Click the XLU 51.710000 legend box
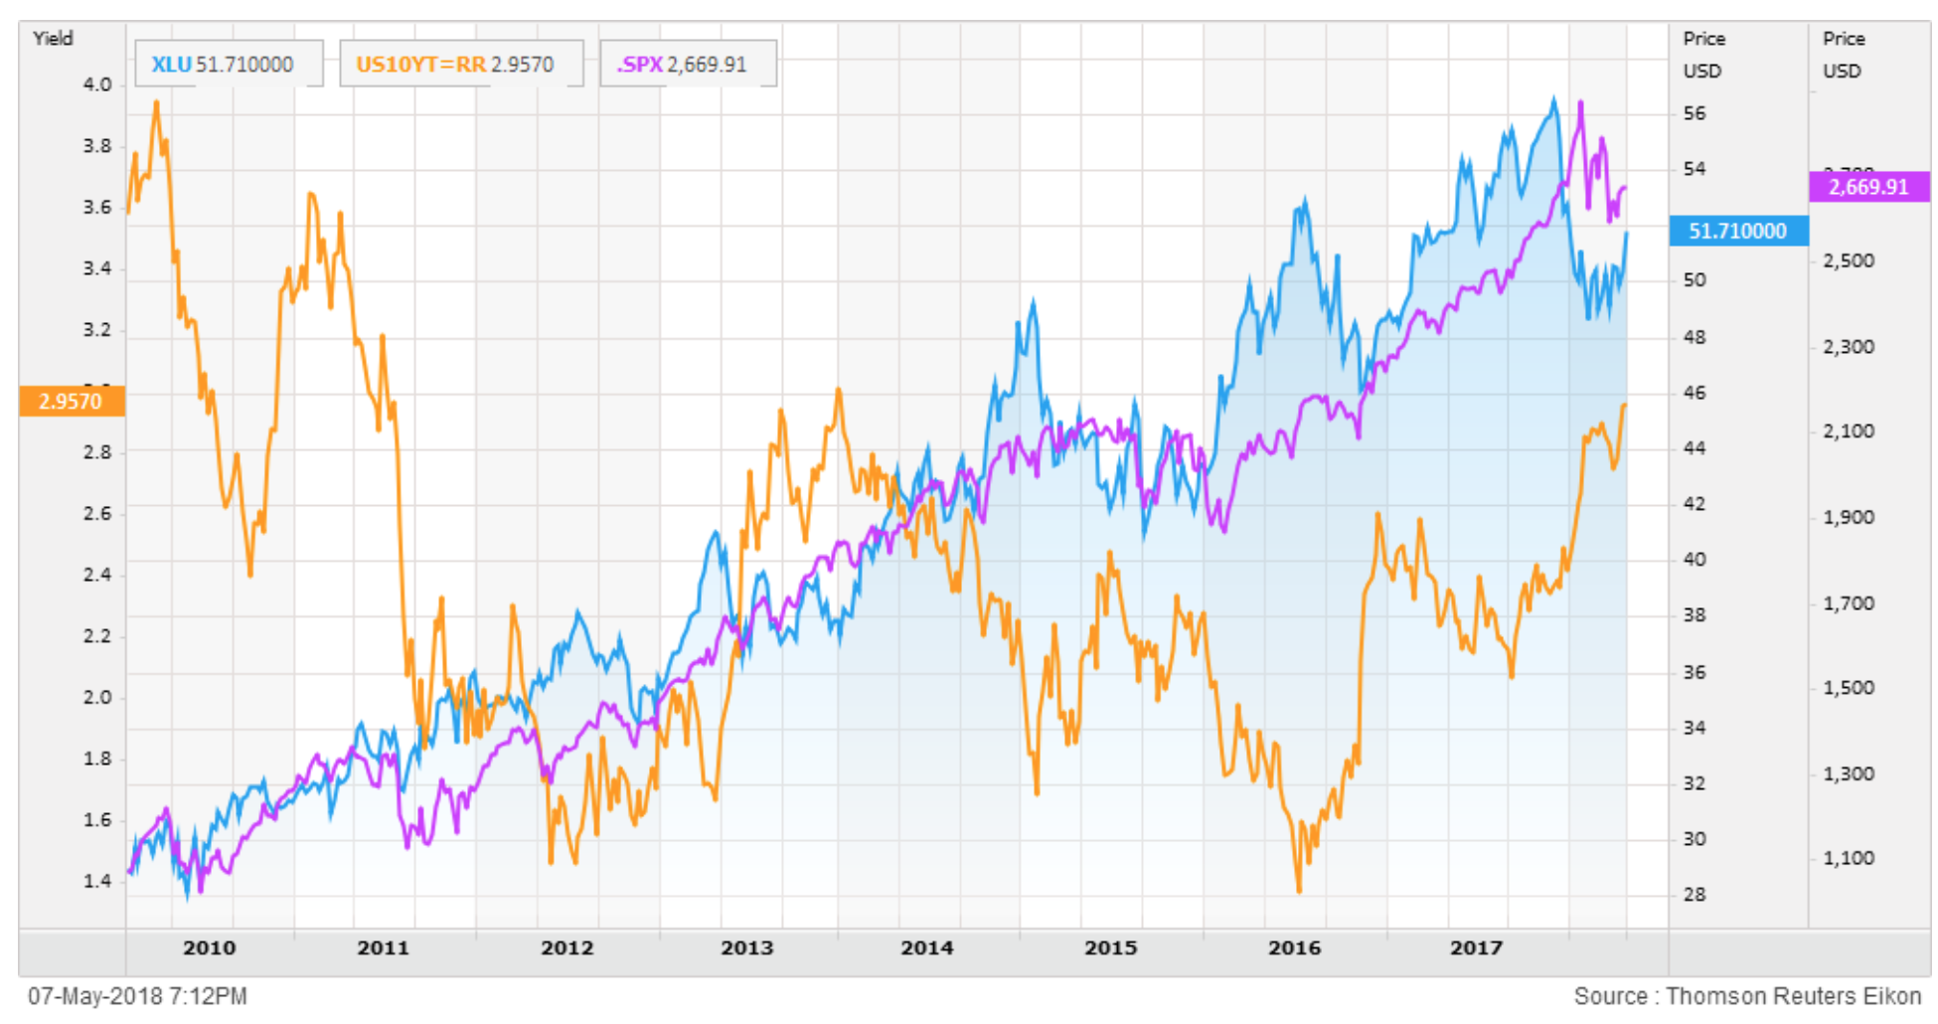click(x=228, y=65)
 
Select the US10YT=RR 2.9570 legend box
click(x=460, y=65)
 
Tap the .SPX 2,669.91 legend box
click(x=687, y=65)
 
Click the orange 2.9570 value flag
click(x=72, y=402)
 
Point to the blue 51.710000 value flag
click(x=1738, y=231)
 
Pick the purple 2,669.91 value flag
click(x=1868, y=187)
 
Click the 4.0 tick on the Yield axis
click(x=97, y=85)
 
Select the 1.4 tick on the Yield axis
click(x=97, y=881)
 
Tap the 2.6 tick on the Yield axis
click(x=97, y=513)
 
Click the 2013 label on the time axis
click(x=746, y=947)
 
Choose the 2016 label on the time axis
click(x=1294, y=947)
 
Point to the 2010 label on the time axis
click(x=209, y=947)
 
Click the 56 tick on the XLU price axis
click(x=1695, y=113)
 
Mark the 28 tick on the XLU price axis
click(x=1695, y=895)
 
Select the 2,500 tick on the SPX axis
click(x=1849, y=260)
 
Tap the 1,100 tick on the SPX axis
click(x=1849, y=858)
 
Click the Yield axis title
click(x=53, y=39)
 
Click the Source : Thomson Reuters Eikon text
click(x=1747, y=996)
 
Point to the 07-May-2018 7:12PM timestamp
click(x=137, y=996)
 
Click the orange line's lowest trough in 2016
click(x=1299, y=891)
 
